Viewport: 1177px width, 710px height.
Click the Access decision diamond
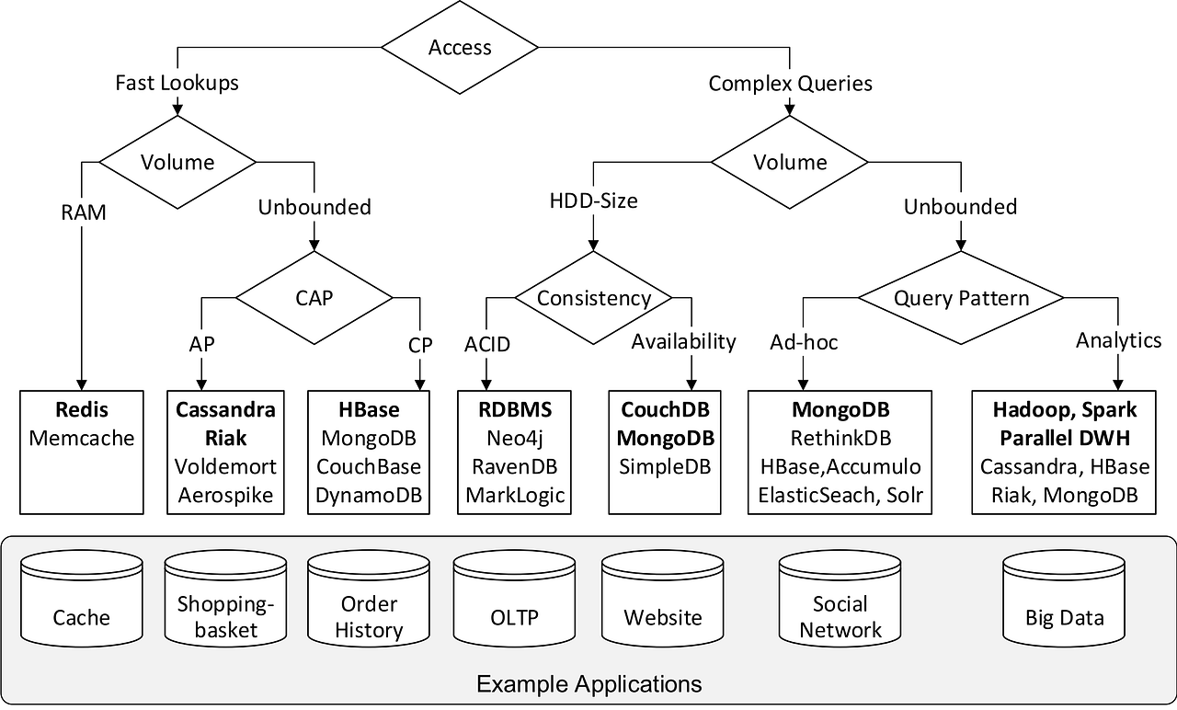click(x=460, y=48)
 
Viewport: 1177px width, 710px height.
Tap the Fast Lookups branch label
click(x=177, y=83)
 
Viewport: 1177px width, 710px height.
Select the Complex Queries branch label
click(x=790, y=84)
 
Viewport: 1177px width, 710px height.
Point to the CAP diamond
click(x=314, y=298)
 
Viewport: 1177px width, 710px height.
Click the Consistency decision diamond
click(x=593, y=298)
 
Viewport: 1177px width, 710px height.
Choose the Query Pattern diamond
click(x=961, y=298)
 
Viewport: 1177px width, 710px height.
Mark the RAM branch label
click(x=83, y=212)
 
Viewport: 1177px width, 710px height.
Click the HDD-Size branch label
click(x=593, y=200)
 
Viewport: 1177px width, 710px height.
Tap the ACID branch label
click(x=486, y=345)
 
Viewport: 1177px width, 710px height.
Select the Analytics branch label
click(x=1118, y=340)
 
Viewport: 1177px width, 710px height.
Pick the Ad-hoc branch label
click(x=804, y=343)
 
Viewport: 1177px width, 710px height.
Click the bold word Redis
click(x=81, y=409)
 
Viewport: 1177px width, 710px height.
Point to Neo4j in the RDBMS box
click(x=513, y=438)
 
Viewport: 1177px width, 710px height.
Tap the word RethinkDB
click(x=840, y=438)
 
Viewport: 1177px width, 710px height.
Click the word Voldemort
click(x=225, y=466)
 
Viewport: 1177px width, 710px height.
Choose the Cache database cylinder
click(x=82, y=598)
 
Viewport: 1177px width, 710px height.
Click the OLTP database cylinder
click(x=514, y=598)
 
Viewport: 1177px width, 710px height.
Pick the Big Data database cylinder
click(x=1064, y=598)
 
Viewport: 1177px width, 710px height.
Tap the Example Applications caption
click(x=588, y=684)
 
